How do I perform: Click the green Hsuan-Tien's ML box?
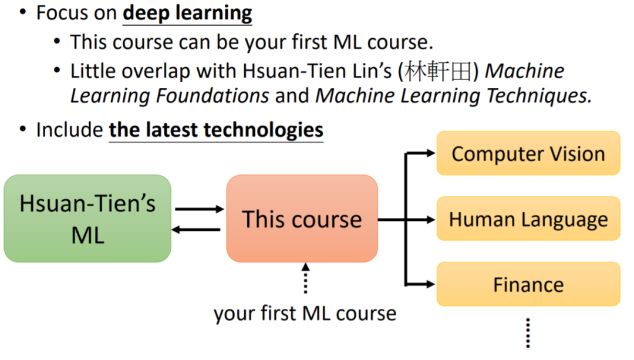(87, 218)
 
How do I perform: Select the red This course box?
(302, 218)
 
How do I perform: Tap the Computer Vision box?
(528, 153)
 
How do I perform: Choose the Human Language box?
(528, 219)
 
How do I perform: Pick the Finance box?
(528, 285)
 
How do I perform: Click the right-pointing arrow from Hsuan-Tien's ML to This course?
(200, 208)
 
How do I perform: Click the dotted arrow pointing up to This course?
(305, 278)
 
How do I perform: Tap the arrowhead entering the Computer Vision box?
(430, 153)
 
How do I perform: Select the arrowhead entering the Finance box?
(430, 285)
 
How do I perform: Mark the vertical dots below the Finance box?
(528, 333)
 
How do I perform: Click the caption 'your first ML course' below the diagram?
(305, 313)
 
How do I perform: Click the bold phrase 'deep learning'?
(187, 13)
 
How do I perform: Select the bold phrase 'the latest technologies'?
(216, 129)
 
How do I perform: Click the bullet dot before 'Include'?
(22, 128)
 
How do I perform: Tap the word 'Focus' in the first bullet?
(59, 13)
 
